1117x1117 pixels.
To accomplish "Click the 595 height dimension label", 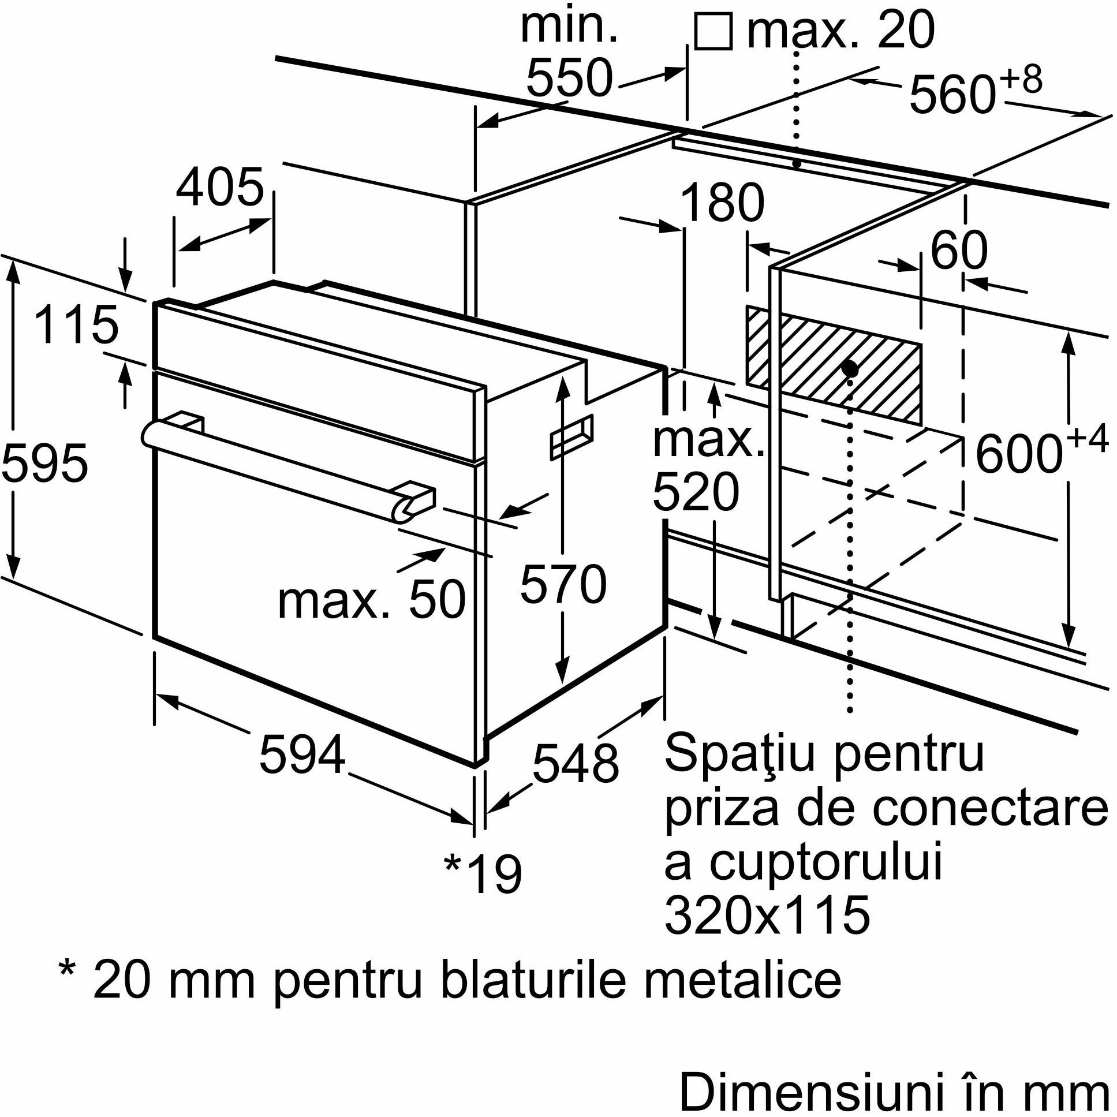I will (44, 463).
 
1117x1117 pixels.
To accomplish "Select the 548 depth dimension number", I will (575, 763).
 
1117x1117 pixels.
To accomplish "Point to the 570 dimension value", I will (563, 585).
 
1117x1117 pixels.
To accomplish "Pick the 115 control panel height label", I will (76, 325).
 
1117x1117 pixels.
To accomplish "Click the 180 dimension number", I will (722, 203).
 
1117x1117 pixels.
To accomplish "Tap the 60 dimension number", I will (959, 251).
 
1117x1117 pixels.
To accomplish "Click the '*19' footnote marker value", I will (483, 874).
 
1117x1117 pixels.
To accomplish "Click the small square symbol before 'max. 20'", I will (713, 32).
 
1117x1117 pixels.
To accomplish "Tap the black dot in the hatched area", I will (849, 368).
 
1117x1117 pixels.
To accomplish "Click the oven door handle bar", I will (278, 462).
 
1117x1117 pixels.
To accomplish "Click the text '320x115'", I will (767, 915).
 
